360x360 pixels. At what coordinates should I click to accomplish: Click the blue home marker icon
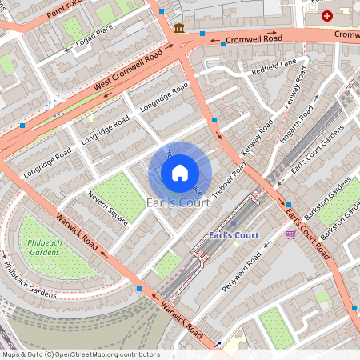coord(180,173)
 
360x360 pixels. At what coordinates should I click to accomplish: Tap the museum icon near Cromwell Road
coord(178,28)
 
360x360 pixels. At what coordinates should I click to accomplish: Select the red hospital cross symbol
coord(326,16)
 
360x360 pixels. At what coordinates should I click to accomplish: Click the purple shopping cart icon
coord(290,234)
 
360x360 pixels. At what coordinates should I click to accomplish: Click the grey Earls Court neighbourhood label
coord(178,203)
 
